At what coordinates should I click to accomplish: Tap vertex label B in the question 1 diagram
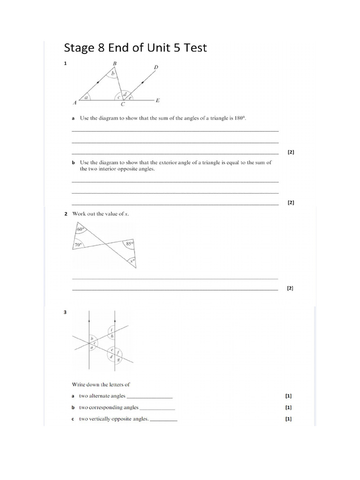click(114, 63)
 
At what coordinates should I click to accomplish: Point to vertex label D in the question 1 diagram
click(156, 67)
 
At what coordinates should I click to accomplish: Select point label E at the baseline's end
click(158, 100)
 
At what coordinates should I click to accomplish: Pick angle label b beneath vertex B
click(112, 74)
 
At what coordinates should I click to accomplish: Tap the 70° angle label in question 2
click(78, 244)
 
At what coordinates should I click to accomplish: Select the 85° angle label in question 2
click(129, 244)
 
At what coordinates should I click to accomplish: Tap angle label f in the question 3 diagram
click(118, 352)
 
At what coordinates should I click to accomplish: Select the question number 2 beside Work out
click(66, 214)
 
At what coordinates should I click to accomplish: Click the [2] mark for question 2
click(290, 289)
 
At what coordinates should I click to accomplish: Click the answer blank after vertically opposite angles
click(164, 420)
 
